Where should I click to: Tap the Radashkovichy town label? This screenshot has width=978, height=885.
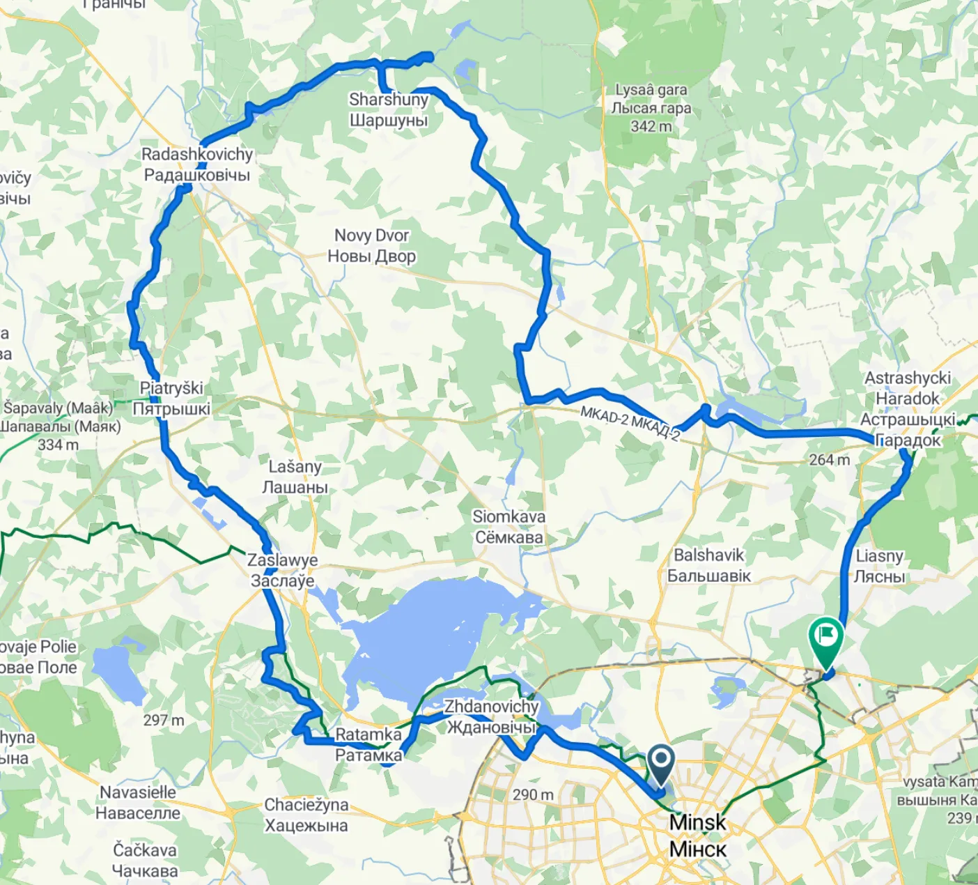[x=197, y=164]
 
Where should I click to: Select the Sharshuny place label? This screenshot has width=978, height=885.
[x=389, y=110]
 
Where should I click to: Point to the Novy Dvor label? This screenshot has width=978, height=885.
[x=372, y=245]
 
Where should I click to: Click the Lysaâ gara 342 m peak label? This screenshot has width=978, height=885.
[x=651, y=108]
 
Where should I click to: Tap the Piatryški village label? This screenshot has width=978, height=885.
[x=171, y=398]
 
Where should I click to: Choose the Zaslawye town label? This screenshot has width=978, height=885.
[x=283, y=570]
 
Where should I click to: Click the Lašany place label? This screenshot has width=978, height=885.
[x=295, y=477]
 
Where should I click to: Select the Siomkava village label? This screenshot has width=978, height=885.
[x=509, y=527]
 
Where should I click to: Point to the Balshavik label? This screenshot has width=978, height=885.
[x=709, y=565]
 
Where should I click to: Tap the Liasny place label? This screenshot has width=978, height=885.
[x=880, y=566]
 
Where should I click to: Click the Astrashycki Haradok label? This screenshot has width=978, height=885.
[x=908, y=408]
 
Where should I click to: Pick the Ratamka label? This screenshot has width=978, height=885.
[x=368, y=744]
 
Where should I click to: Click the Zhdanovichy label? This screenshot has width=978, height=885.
[x=492, y=716]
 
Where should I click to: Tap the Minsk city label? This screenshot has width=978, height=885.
[x=697, y=836]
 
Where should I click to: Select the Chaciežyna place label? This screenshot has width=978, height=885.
[x=306, y=815]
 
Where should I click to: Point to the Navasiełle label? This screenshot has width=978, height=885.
[x=138, y=802]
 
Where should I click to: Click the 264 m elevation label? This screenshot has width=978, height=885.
[x=829, y=460]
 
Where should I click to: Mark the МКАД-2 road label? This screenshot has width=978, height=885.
[x=630, y=423]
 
